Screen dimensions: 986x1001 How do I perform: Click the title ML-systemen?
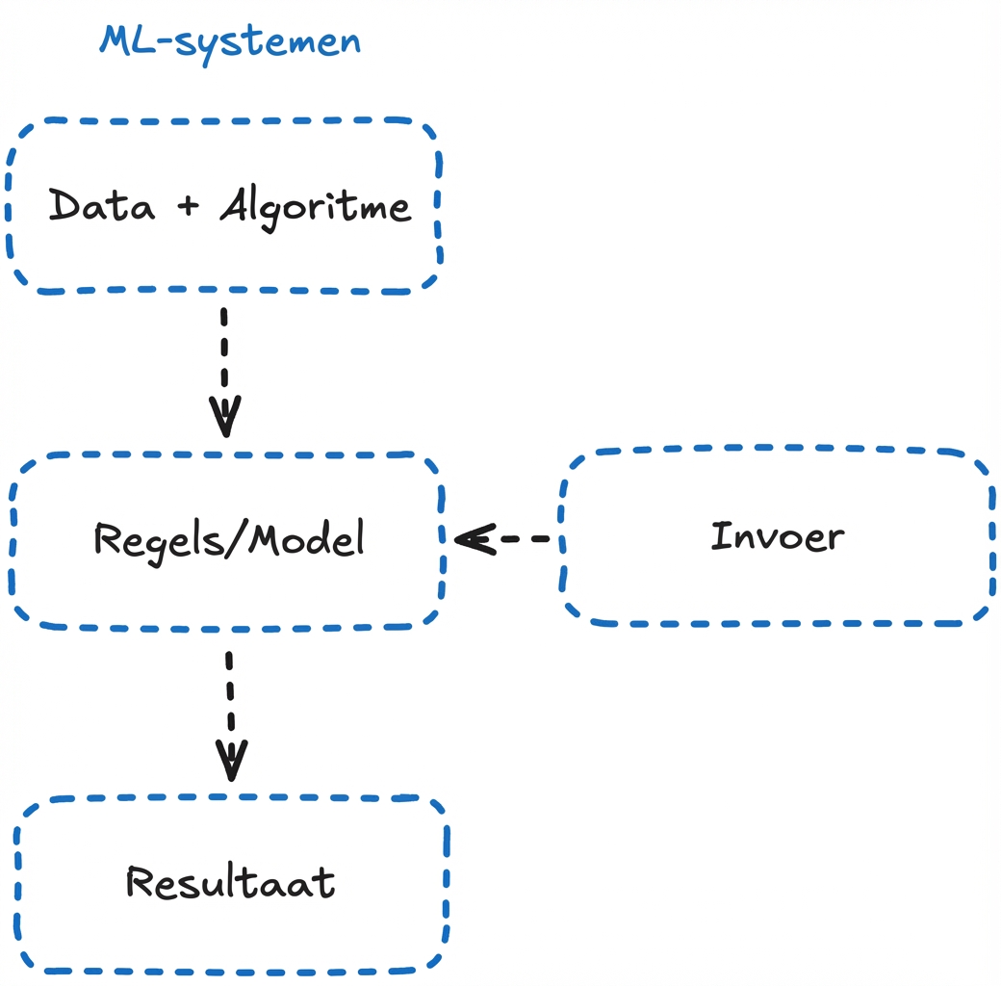[x=230, y=41]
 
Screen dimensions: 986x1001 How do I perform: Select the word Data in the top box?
[x=101, y=206]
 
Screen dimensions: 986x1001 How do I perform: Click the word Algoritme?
[x=316, y=206]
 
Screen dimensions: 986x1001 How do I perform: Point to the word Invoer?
[x=777, y=536]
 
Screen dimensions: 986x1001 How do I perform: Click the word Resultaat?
[x=231, y=882]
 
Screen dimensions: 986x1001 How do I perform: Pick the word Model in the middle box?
[x=306, y=538]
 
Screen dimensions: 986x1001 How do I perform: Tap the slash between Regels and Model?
[x=234, y=539]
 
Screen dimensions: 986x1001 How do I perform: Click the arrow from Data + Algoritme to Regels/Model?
[x=224, y=371]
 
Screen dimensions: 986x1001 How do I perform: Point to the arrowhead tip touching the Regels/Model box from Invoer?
[x=458, y=539]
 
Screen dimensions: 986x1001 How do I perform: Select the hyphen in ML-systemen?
[x=167, y=43]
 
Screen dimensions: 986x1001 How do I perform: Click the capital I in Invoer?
[x=718, y=536]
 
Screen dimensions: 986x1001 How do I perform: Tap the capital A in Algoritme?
[x=234, y=205]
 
